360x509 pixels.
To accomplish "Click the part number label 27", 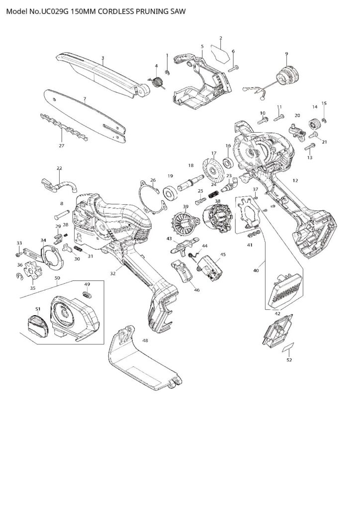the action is pos(61,146).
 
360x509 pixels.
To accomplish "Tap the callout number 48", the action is pos(145,340).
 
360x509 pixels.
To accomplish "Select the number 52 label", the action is pos(289,360).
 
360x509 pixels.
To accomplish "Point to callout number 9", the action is pos(286,54).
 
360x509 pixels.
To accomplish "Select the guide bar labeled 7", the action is pos(85,115).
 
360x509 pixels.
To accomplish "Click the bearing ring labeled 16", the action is pos(228,162).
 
